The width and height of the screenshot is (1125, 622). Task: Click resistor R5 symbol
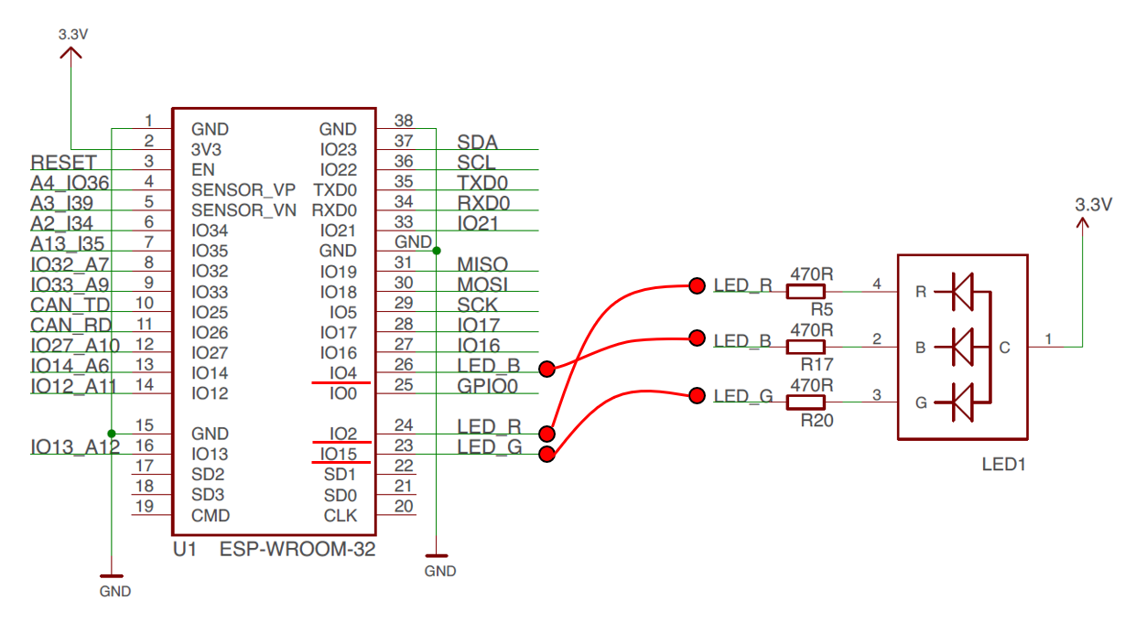pyautogui.click(x=806, y=292)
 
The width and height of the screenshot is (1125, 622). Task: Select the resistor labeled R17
pyautogui.click(x=806, y=347)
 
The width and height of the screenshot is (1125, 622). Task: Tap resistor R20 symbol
pyautogui.click(x=806, y=402)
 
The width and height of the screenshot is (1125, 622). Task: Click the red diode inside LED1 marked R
pyautogui.click(x=962, y=292)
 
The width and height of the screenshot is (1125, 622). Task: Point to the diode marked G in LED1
pyautogui.click(x=962, y=402)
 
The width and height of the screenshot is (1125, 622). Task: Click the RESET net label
pyautogui.click(x=63, y=163)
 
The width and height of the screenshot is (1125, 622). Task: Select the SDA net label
pyautogui.click(x=477, y=143)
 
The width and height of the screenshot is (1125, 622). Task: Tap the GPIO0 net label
pyautogui.click(x=487, y=386)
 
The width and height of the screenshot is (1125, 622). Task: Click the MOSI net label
pyautogui.click(x=482, y=284)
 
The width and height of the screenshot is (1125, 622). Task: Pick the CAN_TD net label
pyautogui.click(x=70, y=305)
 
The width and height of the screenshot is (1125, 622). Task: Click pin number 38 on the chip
pyautogui.click(x=404, y=121)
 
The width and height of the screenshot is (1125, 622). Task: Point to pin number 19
pyautogui.click(x=145, y=506)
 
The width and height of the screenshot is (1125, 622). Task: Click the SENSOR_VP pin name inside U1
pyautogui.click(x=243, y=189)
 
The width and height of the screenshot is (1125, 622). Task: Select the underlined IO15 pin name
pyautogui.click(x=339, y=454)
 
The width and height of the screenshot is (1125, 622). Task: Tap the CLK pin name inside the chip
pyautogui.click(x=341, y=516)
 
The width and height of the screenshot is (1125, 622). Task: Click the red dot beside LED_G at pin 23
pyautogui.click(x=546, y=455)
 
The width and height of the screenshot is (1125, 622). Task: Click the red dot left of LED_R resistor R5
pyautogui.click(x=698, y=285)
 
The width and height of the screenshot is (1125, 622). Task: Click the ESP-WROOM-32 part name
pyautogui.click(x=297, y=549)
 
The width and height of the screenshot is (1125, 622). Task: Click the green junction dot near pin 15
pyautogui.click(x=112, y=434)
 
